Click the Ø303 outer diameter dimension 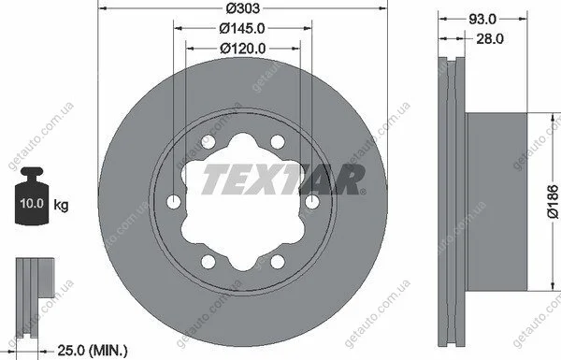point(242,7)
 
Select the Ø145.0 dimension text point(242,28)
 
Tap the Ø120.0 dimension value point(243,49)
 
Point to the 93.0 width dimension point(482,20)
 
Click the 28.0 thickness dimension point(490,38)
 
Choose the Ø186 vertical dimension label point(554,201)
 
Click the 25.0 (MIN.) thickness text point(93,351)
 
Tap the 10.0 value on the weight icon point(32,203)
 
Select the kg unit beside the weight point(61,206)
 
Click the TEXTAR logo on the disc point(283,180)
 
